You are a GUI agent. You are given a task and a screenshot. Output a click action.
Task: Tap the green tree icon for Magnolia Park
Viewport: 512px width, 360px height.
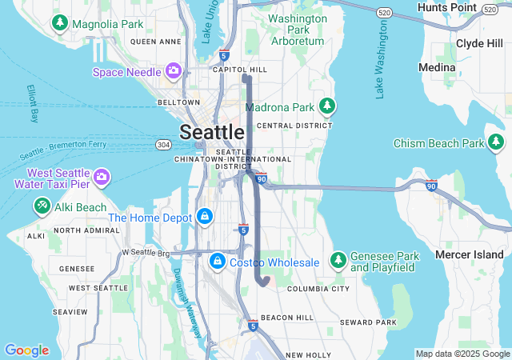coord(59,24)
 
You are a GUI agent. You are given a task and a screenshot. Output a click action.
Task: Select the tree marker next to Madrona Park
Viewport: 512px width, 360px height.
coord(326,106)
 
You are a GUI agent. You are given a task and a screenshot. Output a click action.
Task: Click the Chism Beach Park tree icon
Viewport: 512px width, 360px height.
coord(497,143)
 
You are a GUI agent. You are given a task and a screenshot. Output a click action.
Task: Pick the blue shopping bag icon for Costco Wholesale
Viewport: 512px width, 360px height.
coord(217,262)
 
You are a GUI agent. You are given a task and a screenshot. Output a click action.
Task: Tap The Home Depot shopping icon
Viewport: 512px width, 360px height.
coord(205,217)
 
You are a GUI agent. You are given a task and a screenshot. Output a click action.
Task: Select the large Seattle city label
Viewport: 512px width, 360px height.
coord(212,132)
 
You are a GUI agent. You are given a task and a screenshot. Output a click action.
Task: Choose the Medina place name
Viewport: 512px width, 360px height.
coord(437,68)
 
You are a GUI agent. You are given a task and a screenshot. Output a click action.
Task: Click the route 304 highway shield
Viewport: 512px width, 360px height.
coord(163,145)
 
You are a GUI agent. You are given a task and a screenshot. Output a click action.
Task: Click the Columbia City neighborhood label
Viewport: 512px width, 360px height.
coord(318,289)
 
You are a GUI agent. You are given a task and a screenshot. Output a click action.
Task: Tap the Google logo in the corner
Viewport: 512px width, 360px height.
coord(26,350)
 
